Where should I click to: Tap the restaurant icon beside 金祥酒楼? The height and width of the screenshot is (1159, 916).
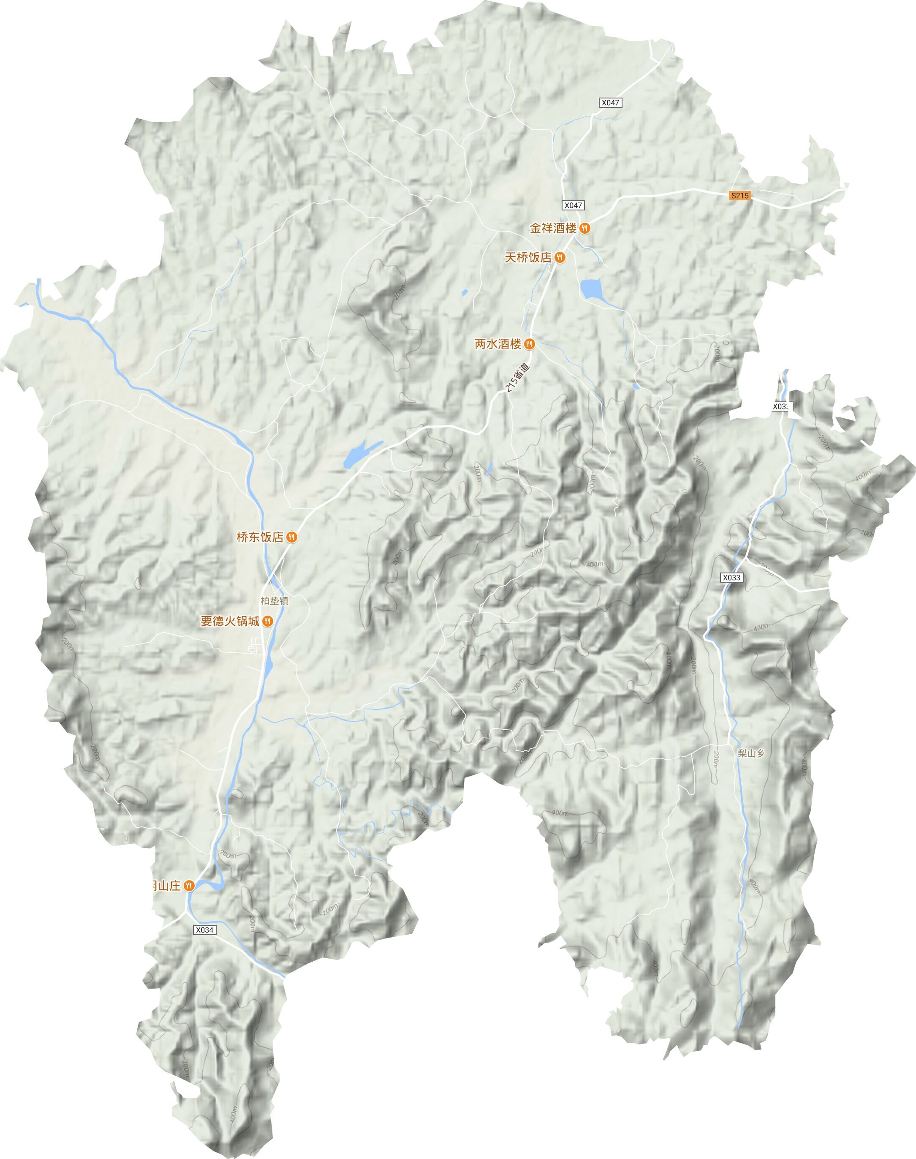(x=585, y=229)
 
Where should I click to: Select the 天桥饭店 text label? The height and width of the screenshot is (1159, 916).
(x=528, y=258)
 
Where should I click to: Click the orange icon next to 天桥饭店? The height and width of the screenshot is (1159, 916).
(x=560, y=258)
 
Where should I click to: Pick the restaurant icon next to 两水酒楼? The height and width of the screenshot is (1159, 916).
(x=529, y=344)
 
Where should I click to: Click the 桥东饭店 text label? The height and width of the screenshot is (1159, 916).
(x=260, y=537)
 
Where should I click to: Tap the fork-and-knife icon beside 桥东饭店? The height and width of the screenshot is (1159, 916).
(x=292, y=537)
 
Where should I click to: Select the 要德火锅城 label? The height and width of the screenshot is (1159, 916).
(x=230, y=622)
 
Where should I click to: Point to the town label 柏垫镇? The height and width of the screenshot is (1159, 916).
(x=275, y=601)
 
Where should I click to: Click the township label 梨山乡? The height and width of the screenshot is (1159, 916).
(x=751, y=753)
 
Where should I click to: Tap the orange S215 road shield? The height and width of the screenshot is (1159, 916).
(x=739, y=196)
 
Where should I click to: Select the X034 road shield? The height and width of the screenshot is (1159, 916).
(x=204, y=930)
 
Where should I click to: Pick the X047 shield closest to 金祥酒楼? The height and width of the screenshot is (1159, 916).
(x=573, y=205)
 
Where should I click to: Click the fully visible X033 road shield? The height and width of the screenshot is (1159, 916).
(x=731, y=577)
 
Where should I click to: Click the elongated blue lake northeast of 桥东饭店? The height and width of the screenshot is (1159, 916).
(x=359, y=453)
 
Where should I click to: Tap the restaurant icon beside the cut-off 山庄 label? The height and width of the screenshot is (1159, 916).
(x=189, y=885)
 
